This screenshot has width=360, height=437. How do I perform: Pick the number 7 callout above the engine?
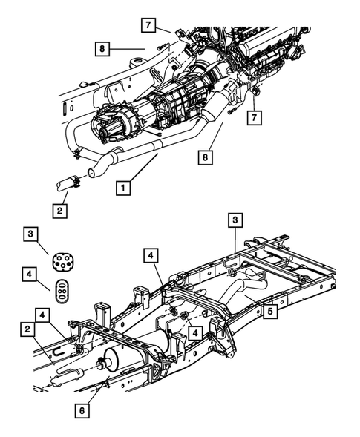pyautogui.click(x=149, y=25)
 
